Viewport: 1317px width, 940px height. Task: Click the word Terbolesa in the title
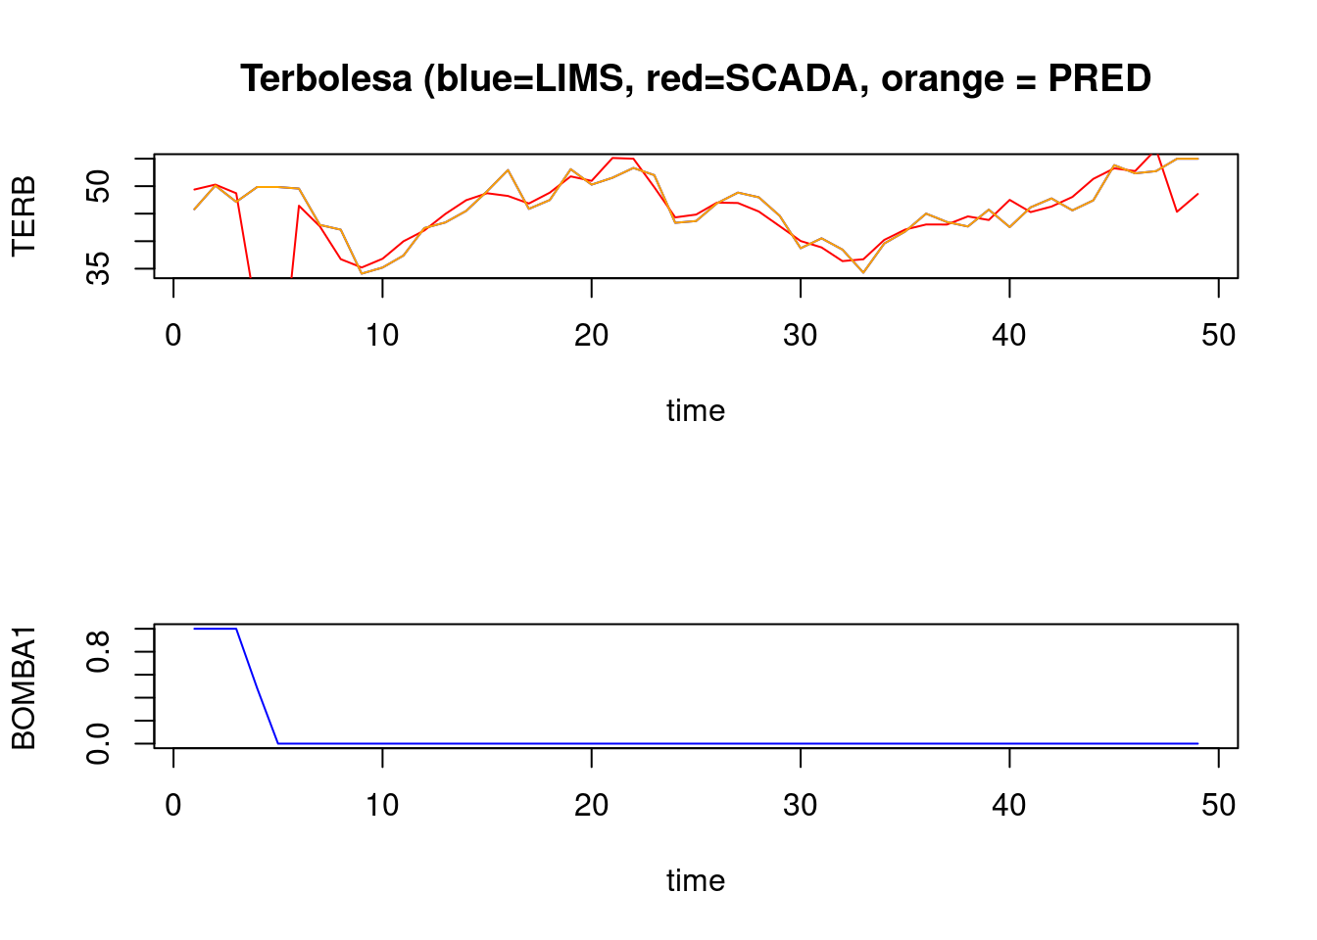tap(326, 78)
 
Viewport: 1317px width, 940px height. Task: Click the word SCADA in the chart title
tap(792, 78)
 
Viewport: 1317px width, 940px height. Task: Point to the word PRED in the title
tap(1099, 78)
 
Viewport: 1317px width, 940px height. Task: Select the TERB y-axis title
tap(24, 216)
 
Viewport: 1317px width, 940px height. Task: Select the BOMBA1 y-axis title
tap(24, 687)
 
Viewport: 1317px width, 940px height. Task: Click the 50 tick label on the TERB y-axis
tap(98, 186)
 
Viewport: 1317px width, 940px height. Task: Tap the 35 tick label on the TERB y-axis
tap(98, 267)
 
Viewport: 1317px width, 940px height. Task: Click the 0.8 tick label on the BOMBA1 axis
tap(98, 651)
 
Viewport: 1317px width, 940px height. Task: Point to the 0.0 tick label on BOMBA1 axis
tap(98, 743)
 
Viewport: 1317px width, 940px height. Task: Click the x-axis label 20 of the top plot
tap(591, 336)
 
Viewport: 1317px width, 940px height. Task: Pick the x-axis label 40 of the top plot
tap(1009, 336)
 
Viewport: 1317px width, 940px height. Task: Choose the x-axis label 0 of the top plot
tap(173, 336)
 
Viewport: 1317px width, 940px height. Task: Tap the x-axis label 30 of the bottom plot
tap(801, 806)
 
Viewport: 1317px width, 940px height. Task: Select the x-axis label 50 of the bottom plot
tap(1218, 806)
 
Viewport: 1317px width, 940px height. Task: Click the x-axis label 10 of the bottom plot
tap(382, 806)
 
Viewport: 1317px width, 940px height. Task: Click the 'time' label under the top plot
tap(696, 410)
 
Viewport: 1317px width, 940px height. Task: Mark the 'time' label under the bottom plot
tap(696, 880)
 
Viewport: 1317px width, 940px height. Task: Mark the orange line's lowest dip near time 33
tap(863, 272)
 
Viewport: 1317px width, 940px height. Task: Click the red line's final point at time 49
tap(1197, 194)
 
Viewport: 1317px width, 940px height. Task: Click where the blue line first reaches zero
tap(278, 743)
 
